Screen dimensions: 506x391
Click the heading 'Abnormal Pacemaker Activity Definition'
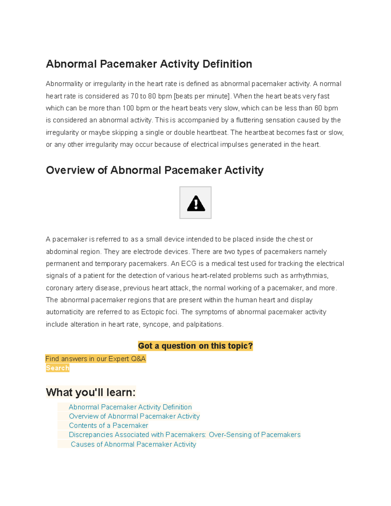click(x=149, y=64)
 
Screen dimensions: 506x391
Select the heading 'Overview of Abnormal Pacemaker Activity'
click(x=154, y=170)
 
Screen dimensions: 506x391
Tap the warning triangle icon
click(x=195, y=203)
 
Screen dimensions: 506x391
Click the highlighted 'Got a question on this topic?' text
click(x=195, y=346)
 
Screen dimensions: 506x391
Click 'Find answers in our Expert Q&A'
click(x=95, y=359)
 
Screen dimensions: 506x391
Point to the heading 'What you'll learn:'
click(x=91, y=392)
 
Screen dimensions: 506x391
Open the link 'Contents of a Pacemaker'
click(x=109, y=426)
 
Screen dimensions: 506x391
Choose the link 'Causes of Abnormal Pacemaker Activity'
click(x=133, y=444)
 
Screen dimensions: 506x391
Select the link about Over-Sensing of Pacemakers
click(x=184, y=435)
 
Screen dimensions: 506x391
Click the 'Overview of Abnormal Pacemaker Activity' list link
click(x=134, y=416)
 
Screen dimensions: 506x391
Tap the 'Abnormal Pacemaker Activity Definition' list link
click(x=130, y=407)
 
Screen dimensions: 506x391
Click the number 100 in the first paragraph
click(x=128, y=108)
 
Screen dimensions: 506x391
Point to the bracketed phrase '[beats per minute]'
click(x=202, y=96)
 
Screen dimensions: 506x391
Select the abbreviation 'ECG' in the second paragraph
click(x=189, y=264)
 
